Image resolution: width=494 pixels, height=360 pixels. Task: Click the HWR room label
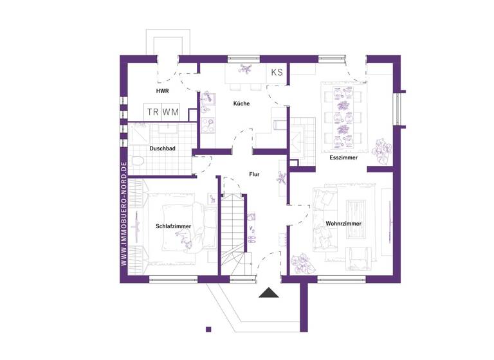162,92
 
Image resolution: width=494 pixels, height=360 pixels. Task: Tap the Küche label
241,103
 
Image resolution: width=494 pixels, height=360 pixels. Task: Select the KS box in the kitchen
277,72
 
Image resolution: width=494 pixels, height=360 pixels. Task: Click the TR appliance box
152,112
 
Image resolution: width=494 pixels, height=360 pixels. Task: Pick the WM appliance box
170,112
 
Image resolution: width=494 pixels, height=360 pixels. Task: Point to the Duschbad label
162,148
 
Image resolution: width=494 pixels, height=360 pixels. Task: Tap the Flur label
254,174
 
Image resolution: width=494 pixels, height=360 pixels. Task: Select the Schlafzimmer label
172,226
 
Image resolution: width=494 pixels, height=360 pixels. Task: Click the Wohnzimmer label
343,223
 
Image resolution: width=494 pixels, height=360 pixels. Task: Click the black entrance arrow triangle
268,293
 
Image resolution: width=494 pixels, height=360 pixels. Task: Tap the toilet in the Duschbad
136,161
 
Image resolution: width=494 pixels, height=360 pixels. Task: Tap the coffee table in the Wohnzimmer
355,211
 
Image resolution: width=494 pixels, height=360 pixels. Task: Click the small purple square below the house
208,329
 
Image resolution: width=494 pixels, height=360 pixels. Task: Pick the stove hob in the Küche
208,123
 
